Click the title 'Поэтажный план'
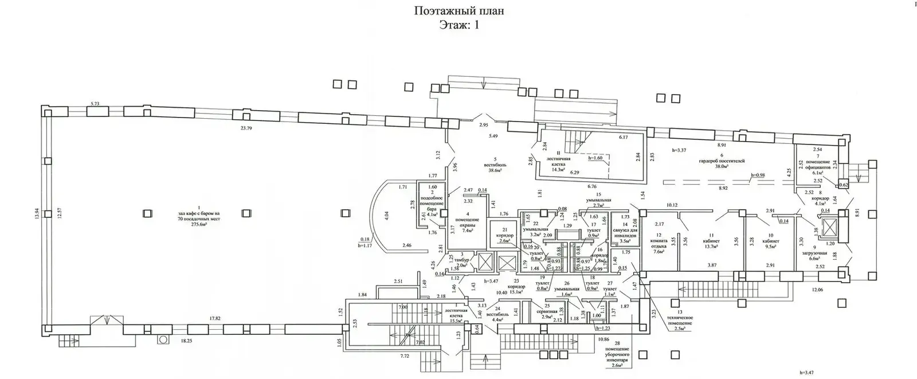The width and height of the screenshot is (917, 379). [458, 11]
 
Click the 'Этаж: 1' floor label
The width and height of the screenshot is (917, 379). [458, 25]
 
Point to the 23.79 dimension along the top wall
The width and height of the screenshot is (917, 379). [246, 128]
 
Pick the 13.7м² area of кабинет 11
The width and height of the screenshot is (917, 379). [711, 247]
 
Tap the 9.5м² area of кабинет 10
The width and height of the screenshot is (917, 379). [771, 247]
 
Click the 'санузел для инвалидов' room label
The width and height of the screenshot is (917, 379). [625, 235]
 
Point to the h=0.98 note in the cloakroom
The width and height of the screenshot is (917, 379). [760, 175]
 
